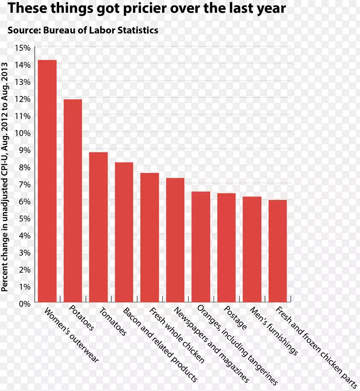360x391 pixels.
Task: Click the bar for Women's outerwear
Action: (x=47, y=181)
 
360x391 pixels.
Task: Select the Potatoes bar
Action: (x=73, y=200)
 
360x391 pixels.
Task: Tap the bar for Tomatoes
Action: (x=98, y=227)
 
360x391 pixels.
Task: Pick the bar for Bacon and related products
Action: (x=124, y=232)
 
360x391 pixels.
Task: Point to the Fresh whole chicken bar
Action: (x=149, y=238)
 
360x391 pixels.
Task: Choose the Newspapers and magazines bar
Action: (x=175, y=240)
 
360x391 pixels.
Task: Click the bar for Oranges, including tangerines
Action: (x=201, y=247)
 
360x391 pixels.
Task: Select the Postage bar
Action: (x=227, y=248)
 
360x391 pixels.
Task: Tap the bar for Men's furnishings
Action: (x=252, y=249)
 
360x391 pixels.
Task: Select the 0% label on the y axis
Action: (x=24, y=304)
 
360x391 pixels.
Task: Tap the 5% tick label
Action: (x=24, y=218)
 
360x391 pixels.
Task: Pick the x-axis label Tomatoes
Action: (x=113, y=322)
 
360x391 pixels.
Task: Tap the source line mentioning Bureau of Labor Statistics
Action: (x=83, y=30)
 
